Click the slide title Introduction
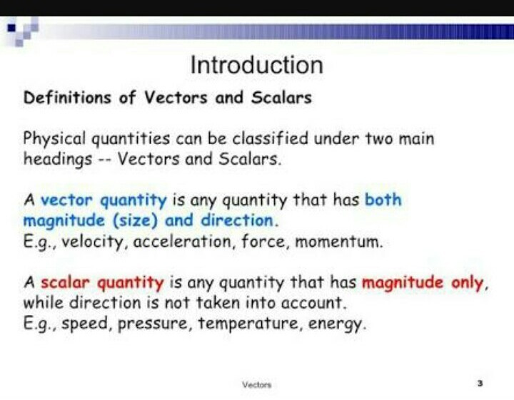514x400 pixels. point(256,66)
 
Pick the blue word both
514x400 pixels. point(383,200)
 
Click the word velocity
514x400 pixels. point(95,241)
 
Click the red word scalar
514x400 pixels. point(66,282)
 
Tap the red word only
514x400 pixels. point(468,282)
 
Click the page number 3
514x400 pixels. point(480,384)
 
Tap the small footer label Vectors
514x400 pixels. point(257,384)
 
